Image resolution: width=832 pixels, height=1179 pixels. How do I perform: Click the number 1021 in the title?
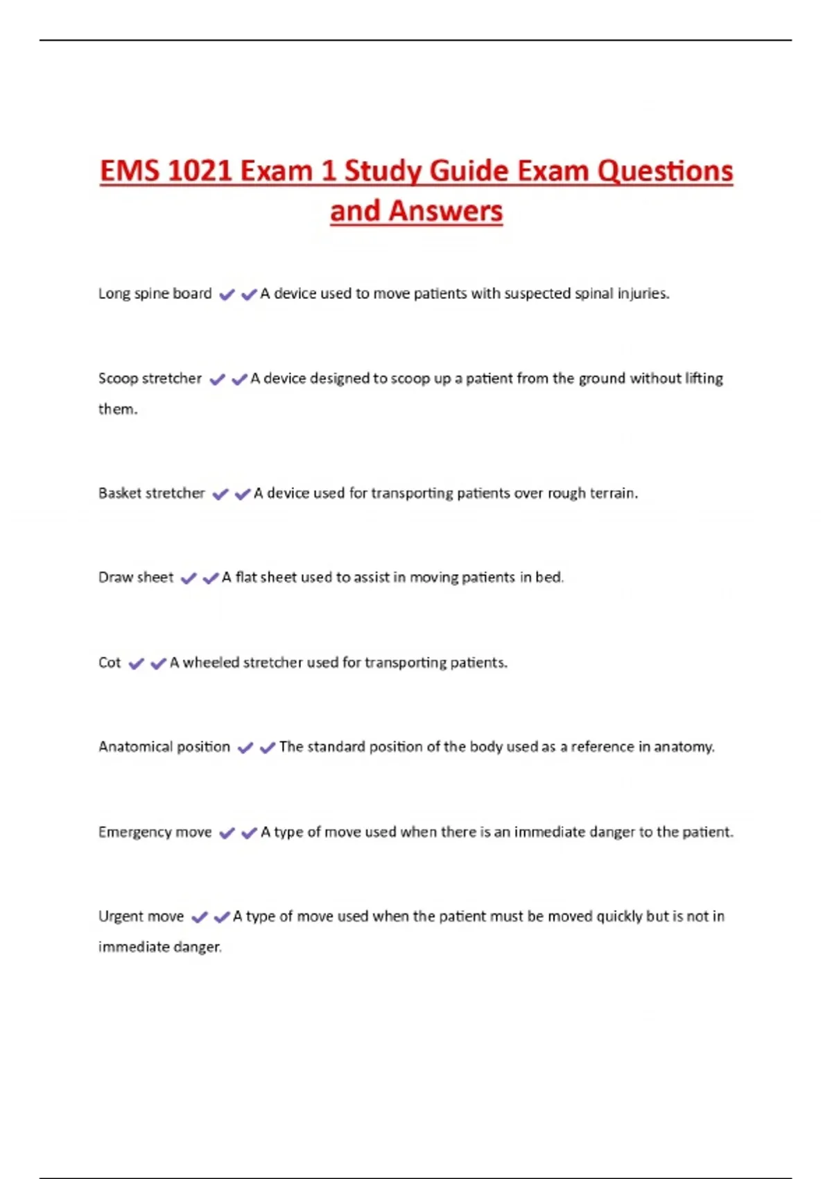[x=200, y=171]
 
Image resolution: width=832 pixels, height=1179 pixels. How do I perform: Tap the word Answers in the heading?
[x=446, y=212]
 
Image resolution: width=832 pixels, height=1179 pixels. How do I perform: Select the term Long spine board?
[x=155, y=293]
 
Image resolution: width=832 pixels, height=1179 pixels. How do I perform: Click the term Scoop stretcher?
[x=150, y=379]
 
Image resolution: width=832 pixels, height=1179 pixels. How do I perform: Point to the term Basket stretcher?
[x=151, y=493]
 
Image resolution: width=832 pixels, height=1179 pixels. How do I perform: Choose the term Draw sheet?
[x=136, y=578]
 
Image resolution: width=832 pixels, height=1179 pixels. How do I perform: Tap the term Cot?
[x=110, y=662]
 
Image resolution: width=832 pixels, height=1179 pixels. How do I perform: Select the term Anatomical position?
[x=164, y=747]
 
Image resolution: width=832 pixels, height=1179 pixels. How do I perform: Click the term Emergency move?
[x=155, y=832]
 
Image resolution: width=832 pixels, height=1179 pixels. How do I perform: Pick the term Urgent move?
[x=141, y=916]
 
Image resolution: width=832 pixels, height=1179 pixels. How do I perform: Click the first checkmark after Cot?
[x=137, y=664]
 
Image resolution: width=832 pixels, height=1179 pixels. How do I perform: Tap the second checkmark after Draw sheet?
[x=211, y=578]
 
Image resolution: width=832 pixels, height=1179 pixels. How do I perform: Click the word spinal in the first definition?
[x=594, y=293]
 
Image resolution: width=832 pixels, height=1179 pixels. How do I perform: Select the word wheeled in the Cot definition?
[x=211, y=662]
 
